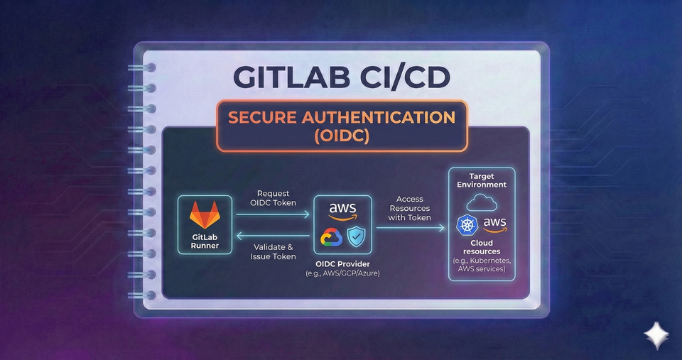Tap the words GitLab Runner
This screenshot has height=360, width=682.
[x=205, y=241]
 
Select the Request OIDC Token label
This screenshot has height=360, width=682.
[x=274, y=198]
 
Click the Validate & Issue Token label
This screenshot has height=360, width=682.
[x=274, y=251]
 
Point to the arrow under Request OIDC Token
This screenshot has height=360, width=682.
[x=274, y=213]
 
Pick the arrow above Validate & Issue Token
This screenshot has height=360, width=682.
[x=274, y=236]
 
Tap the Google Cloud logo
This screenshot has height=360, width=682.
[x=332, y=238]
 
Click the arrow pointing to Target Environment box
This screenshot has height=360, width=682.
[x=412, y=227]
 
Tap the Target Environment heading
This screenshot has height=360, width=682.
[x=482, y=180]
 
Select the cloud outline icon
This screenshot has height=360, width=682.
[x=482, y=202]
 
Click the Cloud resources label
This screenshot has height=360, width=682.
[x=482, y=247]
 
